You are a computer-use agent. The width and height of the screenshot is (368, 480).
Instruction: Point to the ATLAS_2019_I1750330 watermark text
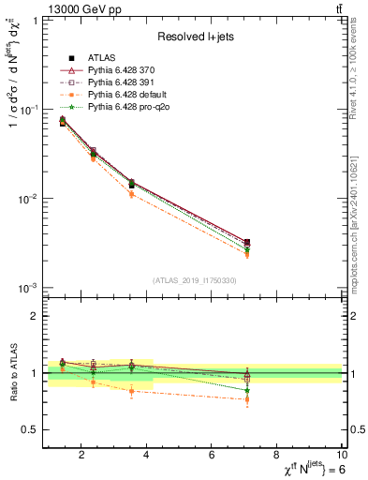[x=195, y=279]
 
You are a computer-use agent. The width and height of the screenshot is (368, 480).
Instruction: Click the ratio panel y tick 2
[x=34, y=316]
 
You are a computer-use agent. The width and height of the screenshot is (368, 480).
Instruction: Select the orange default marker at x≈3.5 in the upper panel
[x=131, y=195]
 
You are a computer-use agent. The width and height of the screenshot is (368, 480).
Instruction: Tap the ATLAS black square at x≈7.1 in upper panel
[x=247, y=243]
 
